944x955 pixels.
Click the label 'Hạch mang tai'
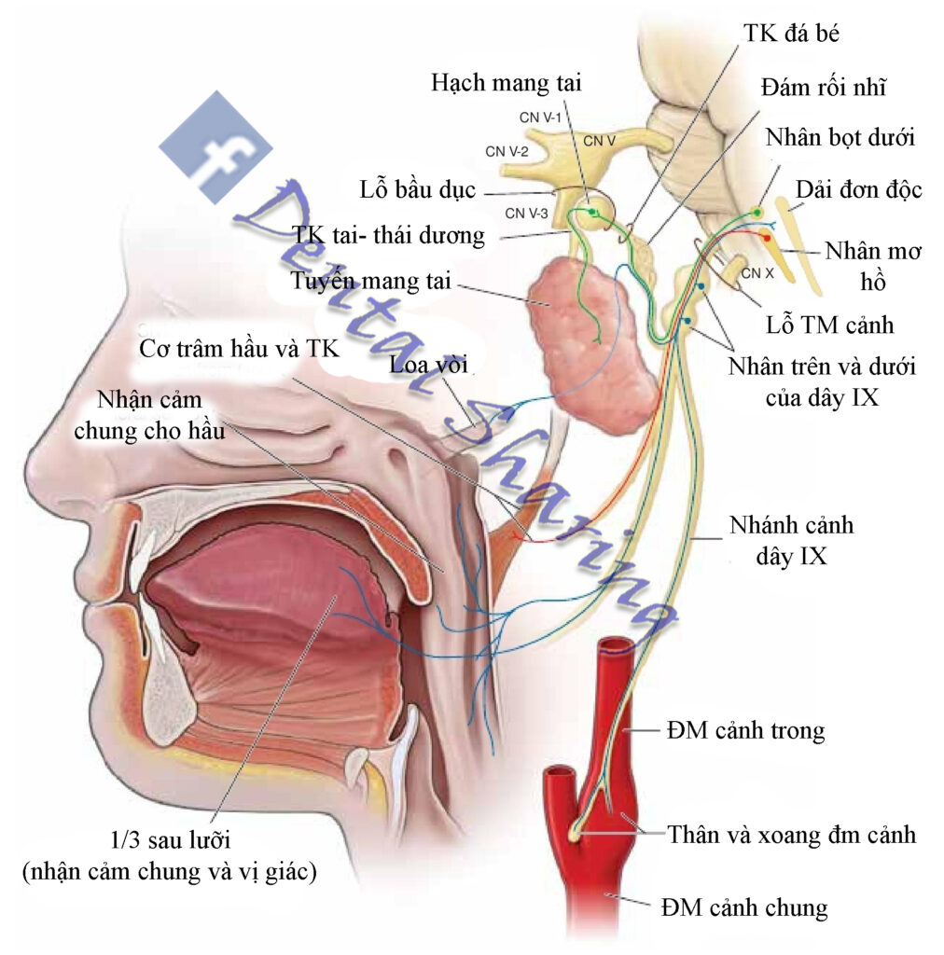506,82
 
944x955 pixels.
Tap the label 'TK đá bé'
794,35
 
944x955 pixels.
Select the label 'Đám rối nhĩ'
823,88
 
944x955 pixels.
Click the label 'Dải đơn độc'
858,190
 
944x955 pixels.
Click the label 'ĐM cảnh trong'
745,729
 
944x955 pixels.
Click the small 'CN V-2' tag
507,149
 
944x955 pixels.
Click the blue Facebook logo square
215,147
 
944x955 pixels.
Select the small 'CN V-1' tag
539,118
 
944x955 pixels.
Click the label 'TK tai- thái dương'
388,235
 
